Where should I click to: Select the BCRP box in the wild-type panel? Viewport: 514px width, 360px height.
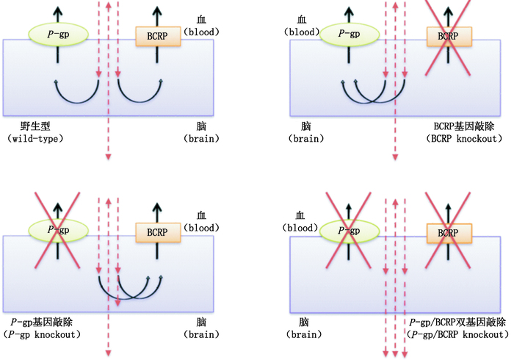pos(157,35)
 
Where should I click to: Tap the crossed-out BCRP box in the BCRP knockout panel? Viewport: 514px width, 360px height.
pos(448,35)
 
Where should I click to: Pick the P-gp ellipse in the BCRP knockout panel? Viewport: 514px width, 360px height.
pos(350,33)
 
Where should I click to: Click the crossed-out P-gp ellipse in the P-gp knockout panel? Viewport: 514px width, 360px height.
pos(59,228)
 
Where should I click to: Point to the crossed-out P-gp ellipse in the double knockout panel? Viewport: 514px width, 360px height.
pos(350,231)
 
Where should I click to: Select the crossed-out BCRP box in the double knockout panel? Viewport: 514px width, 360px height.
pos(448,232)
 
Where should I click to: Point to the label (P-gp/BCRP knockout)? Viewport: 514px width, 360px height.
pos(457,334)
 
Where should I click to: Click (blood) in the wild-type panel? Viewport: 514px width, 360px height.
pos(200,32)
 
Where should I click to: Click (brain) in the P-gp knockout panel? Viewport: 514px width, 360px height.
pos(200,334)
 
